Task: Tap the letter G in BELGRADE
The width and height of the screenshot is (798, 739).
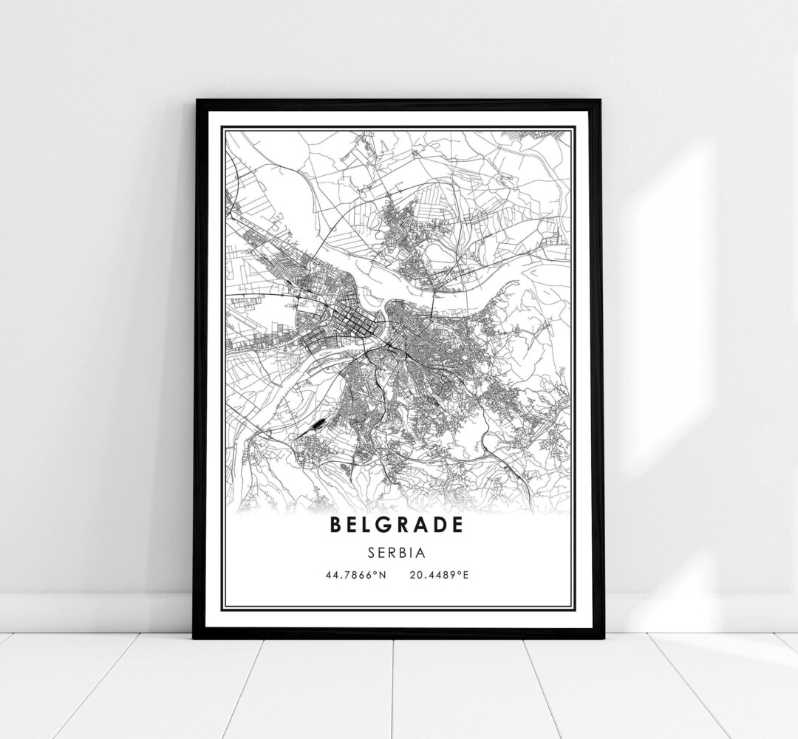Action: click(x=386, y=525)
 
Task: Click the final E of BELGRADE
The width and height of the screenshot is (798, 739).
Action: click(x=461, y=525)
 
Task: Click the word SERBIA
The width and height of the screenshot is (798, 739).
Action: click(x=399, y=551)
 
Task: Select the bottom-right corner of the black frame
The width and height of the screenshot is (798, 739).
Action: click(x=601, y=637)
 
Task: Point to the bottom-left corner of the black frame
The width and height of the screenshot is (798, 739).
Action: click(x=194, y=637)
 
